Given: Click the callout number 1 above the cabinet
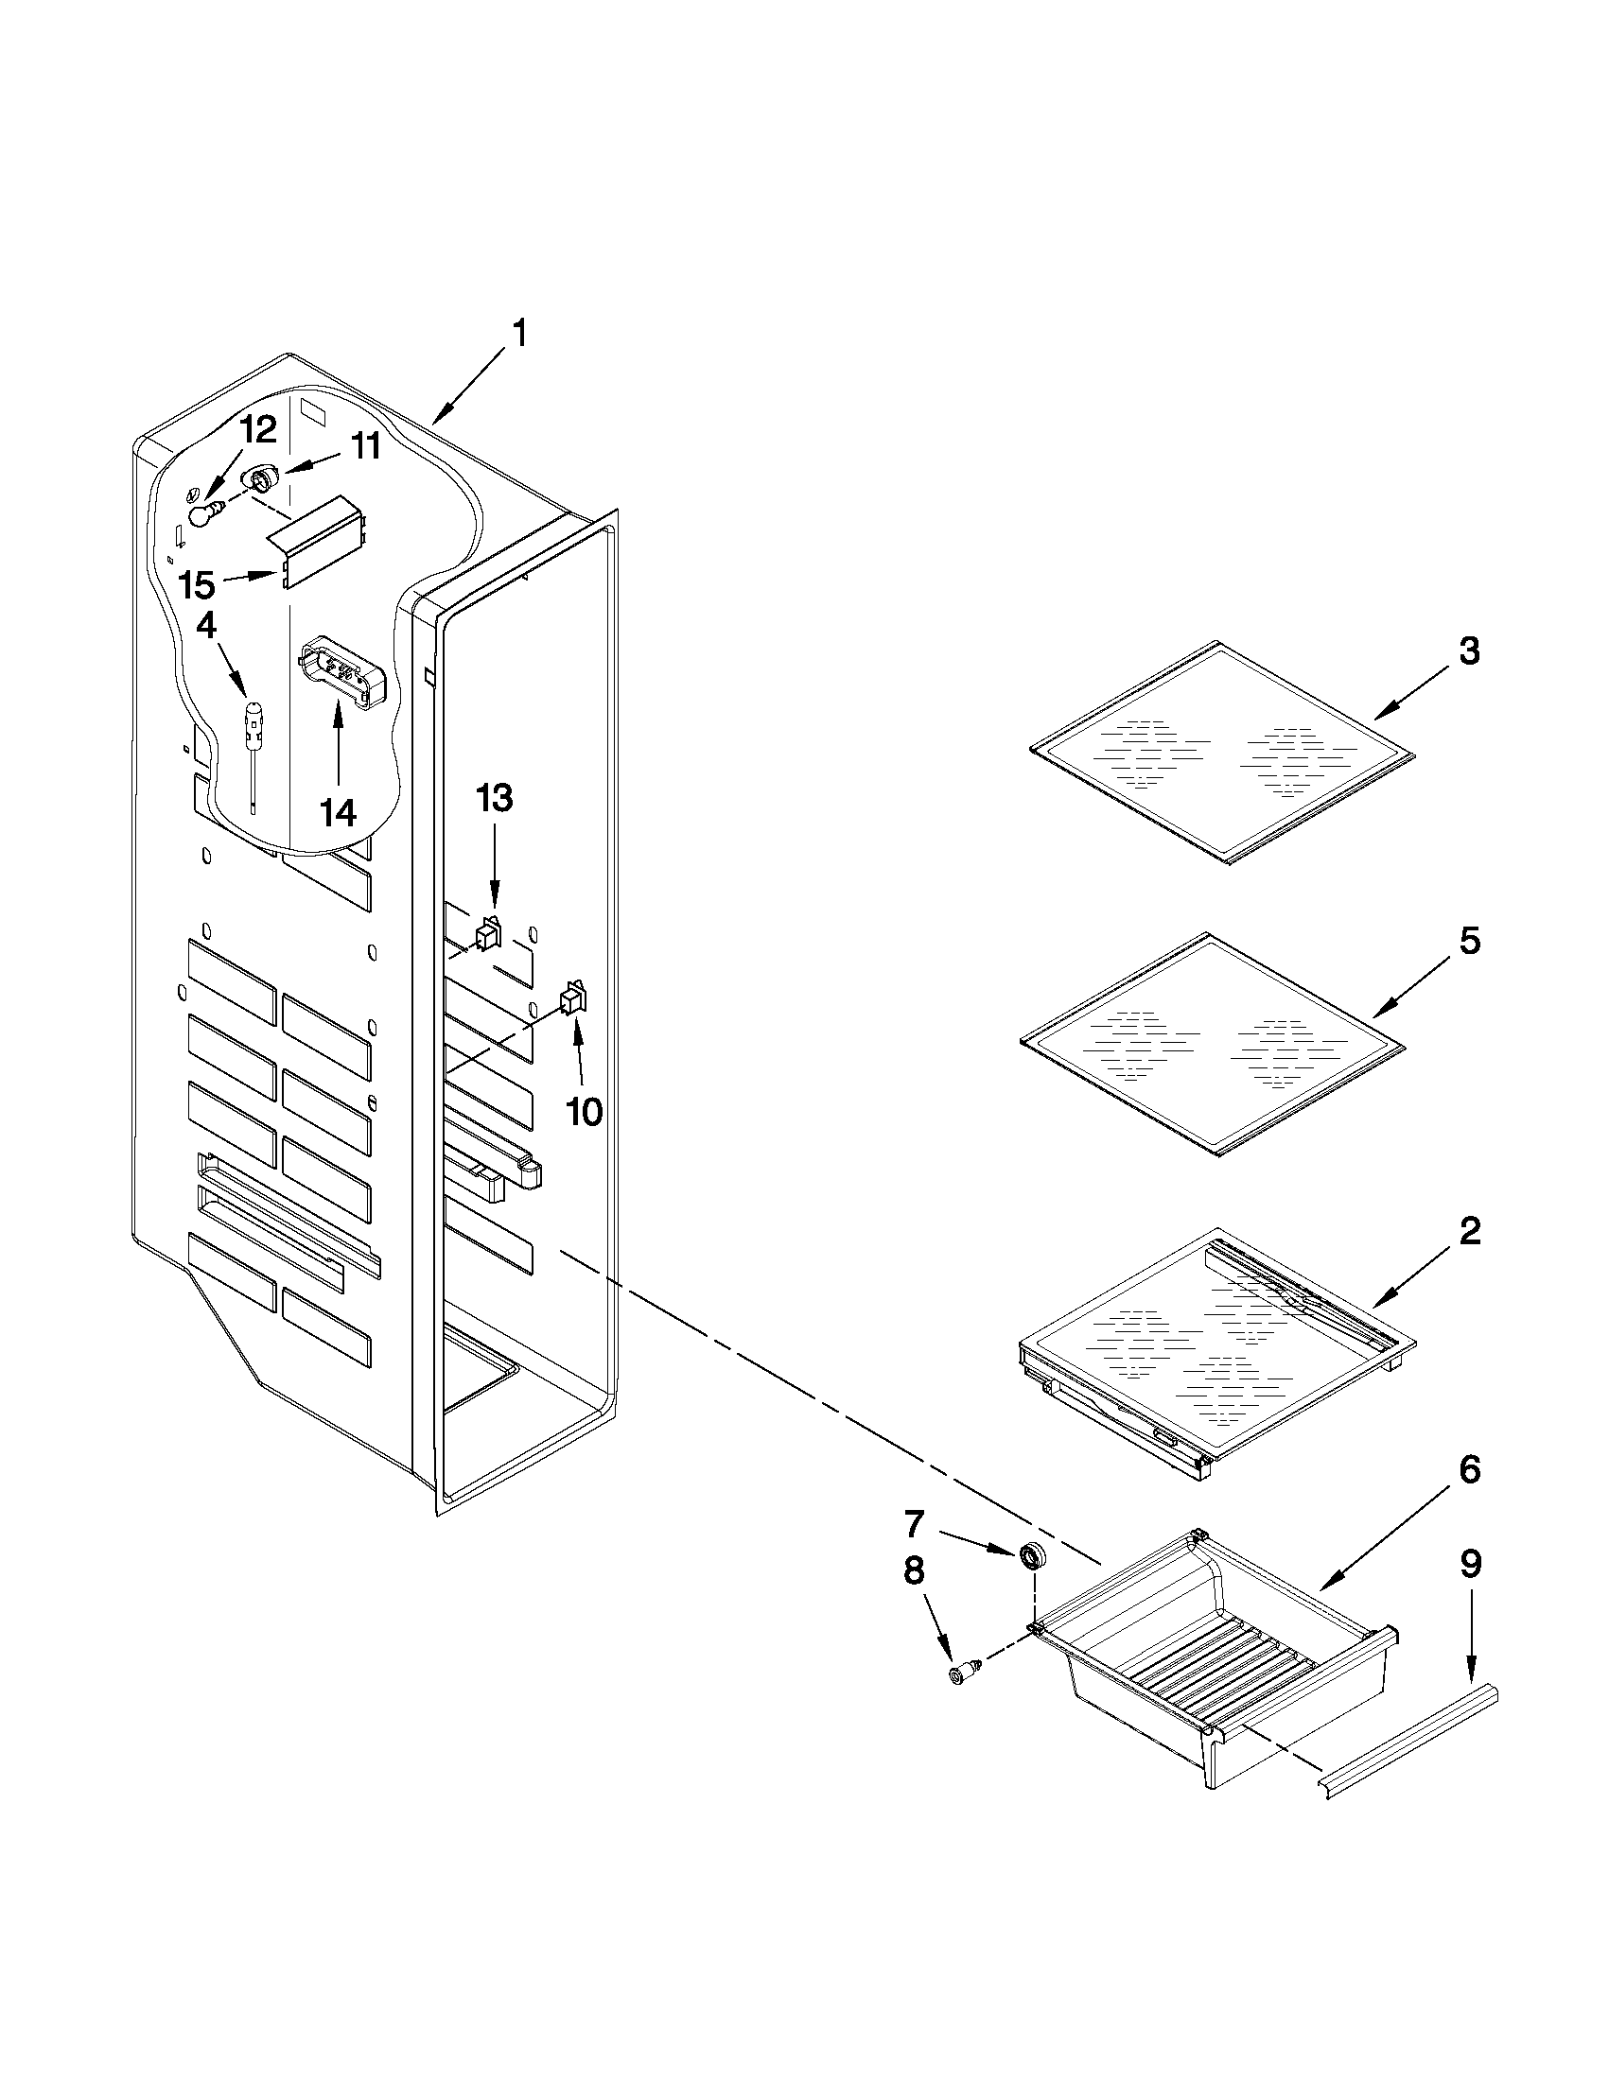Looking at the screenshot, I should click(519, 337).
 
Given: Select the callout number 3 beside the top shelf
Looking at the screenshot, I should click(1469, 651).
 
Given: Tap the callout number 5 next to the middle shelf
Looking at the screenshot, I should click(1469, 941).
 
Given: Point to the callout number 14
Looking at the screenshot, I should click(338, 813).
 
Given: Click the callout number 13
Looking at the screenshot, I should click(494, 798).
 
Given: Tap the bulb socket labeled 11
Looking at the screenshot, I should click(260, 477).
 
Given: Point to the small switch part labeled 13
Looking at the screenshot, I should click(489, 933).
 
